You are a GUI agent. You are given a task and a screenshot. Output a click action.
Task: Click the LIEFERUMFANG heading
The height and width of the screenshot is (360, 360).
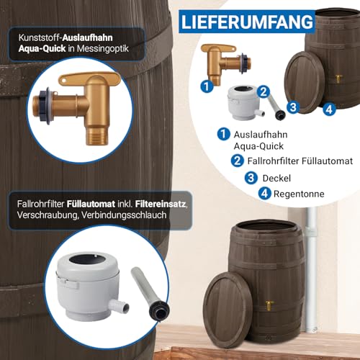pyautogui.click(x=247, y=22)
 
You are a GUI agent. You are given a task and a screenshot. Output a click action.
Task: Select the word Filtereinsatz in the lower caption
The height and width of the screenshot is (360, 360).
pyautogui.click(x=161, y=204)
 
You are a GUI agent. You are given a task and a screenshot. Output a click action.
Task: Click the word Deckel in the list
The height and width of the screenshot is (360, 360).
pyautogui.click(x=276, y=179)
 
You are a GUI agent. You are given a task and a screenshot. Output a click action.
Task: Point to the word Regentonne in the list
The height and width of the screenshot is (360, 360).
pyautogui.click(x=299, y=194)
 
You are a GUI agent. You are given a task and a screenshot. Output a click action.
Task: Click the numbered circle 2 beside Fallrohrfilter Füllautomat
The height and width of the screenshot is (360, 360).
pyautogui.click(x=238, y=161)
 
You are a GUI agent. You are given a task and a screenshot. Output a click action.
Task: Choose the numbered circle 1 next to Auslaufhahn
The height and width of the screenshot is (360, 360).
pyautogui.click(x=224, y=134)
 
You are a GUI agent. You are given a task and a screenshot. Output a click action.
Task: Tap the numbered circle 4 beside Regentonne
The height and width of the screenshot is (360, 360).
pyautogui.click(x=265, y=194)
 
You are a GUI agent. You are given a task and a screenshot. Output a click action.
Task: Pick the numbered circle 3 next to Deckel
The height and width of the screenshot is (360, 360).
pyautogui.click(x=251, y=178)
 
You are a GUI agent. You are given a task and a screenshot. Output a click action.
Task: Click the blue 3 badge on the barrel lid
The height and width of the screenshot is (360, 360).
pyautogui.click(x=293, y=107)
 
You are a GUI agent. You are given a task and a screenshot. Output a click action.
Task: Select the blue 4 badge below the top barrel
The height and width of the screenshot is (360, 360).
pyautogui.click(x=329, y=109)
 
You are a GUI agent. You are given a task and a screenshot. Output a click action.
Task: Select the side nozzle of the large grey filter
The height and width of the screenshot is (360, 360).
pyautogui.click(x=119, y=307)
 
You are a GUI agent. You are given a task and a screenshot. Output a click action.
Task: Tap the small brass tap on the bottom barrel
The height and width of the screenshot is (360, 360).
pyautogui.click(x=270, y=305)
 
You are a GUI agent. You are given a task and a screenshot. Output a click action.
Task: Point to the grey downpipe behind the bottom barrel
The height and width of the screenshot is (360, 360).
pyautogui.click(x=311, y=265)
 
